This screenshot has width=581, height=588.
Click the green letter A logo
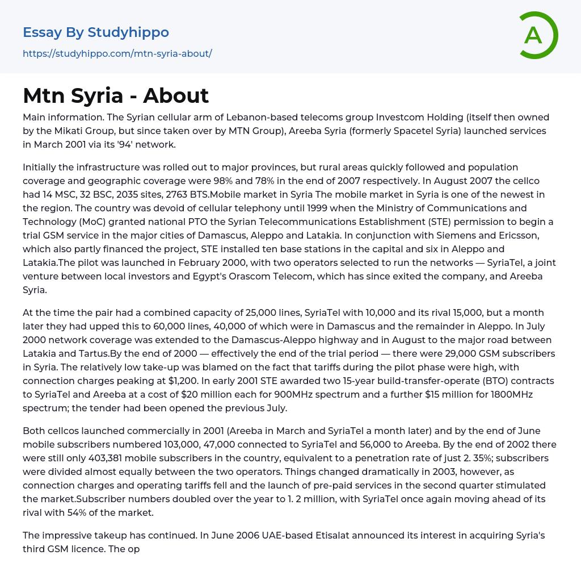538,35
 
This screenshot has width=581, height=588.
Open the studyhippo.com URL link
117,54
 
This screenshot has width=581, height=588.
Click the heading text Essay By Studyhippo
96,32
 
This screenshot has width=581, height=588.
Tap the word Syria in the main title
95,95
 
